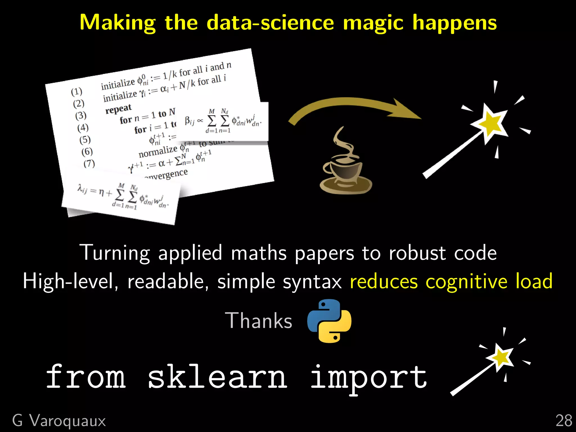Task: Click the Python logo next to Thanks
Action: [x=329, y=321]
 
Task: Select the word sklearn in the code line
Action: [x=217, y=377]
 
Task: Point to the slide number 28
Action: [x=564, y=421]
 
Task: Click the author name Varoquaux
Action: [x=67, y=421]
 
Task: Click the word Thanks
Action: [x=258, y=321]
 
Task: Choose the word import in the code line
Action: [x=368, y=377]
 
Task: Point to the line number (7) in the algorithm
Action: [x=89, y=163]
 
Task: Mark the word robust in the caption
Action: [x=417, y=253]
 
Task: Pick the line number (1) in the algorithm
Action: [x=76, y=91]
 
